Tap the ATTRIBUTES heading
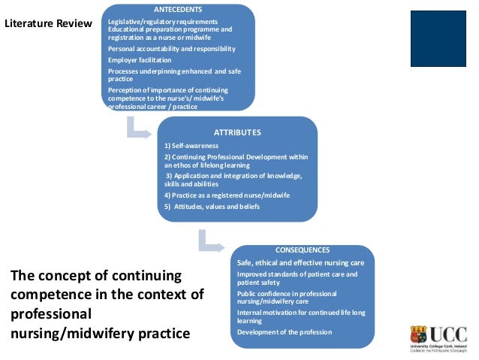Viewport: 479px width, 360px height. point(237,132)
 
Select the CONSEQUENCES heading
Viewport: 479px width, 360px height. point(302,250)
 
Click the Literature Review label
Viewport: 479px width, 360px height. point(48,23)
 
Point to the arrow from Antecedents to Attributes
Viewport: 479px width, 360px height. point(139,129)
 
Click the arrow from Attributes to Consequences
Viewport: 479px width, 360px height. point(211,242)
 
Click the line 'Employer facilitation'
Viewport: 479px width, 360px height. point(140,59)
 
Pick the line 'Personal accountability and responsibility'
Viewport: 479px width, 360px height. point(172,49)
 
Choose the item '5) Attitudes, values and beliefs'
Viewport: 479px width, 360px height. point(212,206)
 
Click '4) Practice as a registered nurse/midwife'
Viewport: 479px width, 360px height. point(227,195)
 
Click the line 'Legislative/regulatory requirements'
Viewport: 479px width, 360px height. point(163,21)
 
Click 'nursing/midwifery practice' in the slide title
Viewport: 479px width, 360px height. point(100,331)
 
